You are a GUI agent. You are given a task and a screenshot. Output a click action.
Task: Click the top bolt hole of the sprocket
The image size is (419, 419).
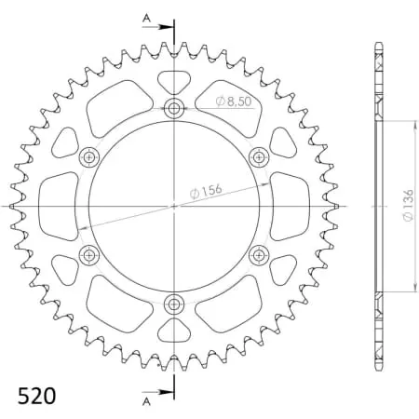(x=174, y=108)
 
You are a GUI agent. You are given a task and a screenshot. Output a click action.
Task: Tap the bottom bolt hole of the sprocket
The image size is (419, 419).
(x=174, y=304)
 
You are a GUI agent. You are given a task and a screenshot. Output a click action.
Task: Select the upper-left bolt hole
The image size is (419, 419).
(x=89, y=156)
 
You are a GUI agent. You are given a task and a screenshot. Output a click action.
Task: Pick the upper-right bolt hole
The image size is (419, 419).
(x=259, y=156)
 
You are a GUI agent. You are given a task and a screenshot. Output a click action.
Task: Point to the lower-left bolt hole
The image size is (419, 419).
(x=89, y=254)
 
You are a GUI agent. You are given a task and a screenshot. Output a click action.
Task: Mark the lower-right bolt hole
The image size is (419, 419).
(x=259, y=254)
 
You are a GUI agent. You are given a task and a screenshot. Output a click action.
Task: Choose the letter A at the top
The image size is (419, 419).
(x=145, y=17)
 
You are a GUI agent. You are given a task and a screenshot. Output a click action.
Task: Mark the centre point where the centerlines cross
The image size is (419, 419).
(x=174, y=206)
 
